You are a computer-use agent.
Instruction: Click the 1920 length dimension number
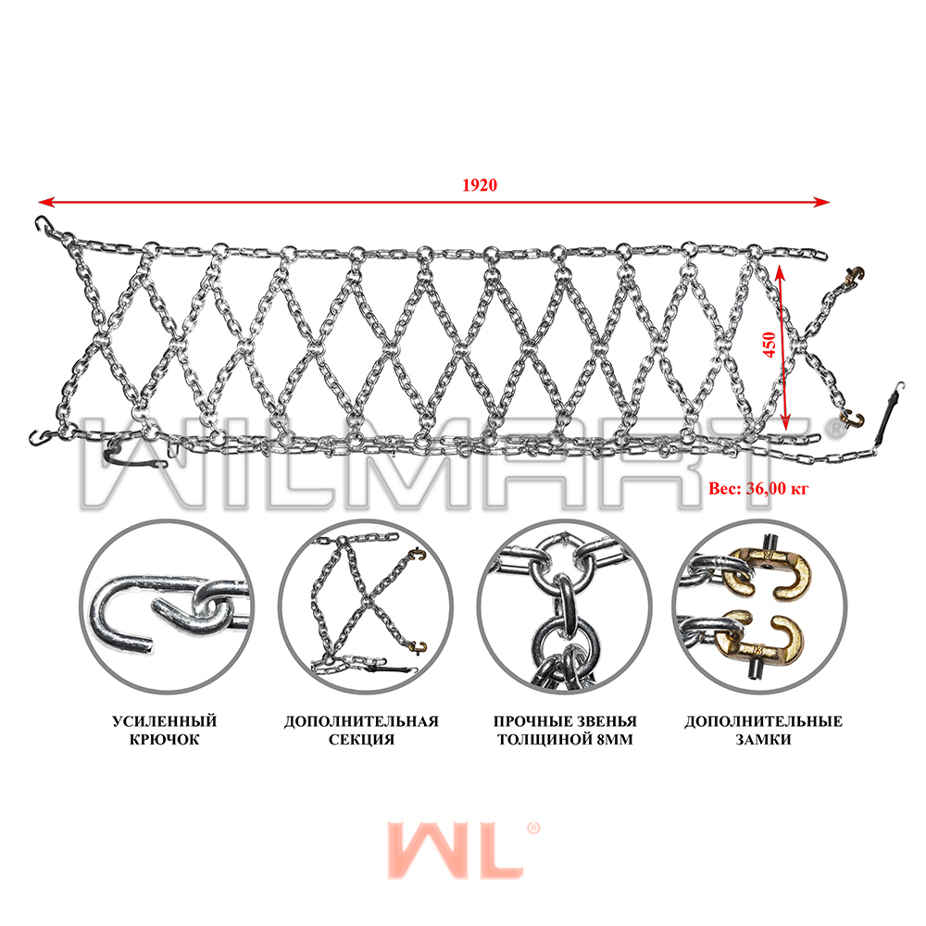click(x=480, y=185)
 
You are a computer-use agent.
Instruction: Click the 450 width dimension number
click(x=770, y=344)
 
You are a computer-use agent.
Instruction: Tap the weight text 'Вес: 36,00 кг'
click(x=758, y=488)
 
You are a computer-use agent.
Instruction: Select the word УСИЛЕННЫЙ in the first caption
click(x=165, y=721)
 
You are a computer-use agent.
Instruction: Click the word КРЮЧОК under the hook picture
click(x=165, y=739)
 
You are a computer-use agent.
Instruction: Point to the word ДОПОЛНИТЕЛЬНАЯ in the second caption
click(x=361, y=721)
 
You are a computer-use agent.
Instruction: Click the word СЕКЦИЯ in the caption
click(x=361, y=739)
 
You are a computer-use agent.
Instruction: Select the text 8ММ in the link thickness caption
click(x=614, y=739)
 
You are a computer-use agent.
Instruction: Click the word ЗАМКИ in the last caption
click(x=764, y=739)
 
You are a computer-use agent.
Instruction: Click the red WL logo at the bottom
click(x=456, y=849)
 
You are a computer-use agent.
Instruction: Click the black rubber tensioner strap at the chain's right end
click(x=887, y=417)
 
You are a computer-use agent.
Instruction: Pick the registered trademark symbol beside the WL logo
click(x=532, y=828)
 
